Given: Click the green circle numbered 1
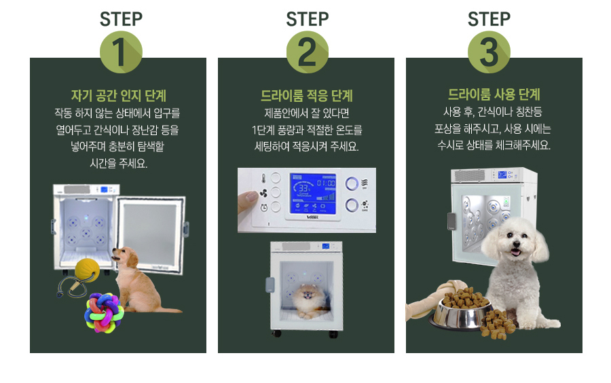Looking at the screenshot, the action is pos(121,52).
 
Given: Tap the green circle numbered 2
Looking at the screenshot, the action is pos(308,52).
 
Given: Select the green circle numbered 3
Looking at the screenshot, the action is pos(489,52).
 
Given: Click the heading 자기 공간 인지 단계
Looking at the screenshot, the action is pos(118,96).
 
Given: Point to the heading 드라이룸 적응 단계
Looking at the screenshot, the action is pos(307,96).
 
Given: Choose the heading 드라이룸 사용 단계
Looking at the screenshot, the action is pos(494,94).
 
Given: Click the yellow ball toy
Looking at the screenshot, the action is pos(87,270).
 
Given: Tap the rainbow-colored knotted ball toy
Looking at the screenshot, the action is pos(104,313).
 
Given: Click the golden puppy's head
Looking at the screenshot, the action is pos(125,257).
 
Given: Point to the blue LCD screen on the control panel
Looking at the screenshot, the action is pos(313,194).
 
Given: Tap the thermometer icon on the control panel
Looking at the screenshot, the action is pos(263,179).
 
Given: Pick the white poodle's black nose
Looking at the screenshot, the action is pos(517,244).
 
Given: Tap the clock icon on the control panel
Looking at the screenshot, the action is pos(264,207).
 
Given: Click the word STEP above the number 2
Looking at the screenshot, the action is pos(308,19).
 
